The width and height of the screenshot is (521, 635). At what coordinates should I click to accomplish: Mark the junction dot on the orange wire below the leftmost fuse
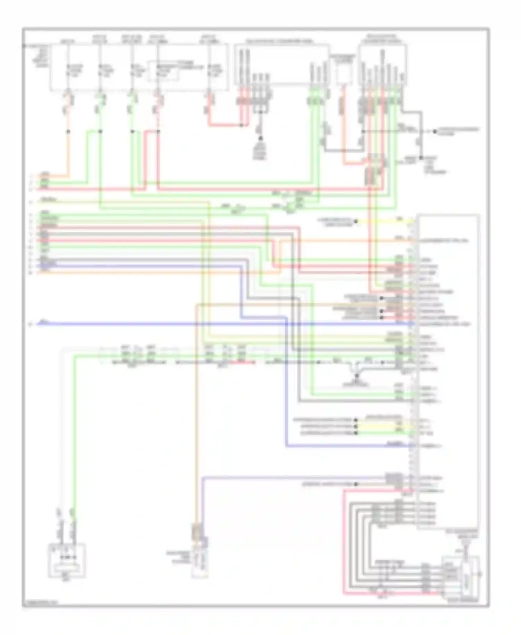[x=68, y=132]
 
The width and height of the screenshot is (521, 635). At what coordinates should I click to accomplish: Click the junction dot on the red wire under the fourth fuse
[x=158, y=132]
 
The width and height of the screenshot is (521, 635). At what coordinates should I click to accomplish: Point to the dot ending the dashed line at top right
[x=435, y=132]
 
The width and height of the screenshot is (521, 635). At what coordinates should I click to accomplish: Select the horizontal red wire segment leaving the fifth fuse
[x=226, y=125]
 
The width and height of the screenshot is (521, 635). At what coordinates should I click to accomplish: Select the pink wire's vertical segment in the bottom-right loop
[x=344, y=542]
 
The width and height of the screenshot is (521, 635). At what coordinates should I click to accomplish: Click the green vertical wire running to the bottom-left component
[x=74, y=434]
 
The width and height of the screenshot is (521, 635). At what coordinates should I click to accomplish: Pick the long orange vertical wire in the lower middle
[x=196, y=417]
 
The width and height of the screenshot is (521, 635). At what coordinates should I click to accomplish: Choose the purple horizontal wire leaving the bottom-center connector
[x=295, y=478]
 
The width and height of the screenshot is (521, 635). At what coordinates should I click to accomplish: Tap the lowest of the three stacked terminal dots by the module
[x=356, y=433]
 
